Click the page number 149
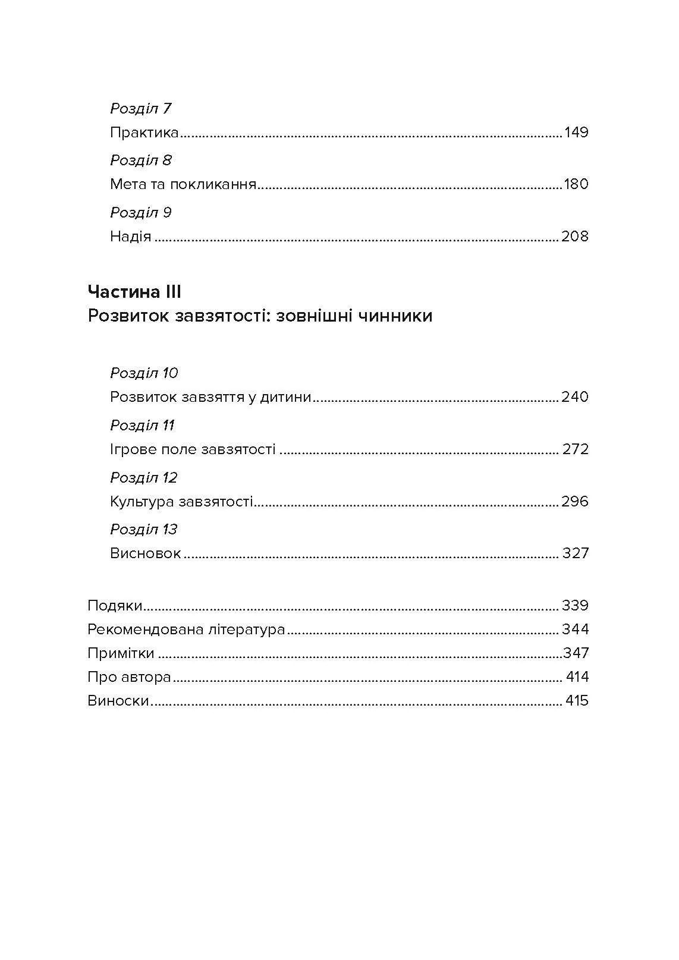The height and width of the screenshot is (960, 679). click(576, 132)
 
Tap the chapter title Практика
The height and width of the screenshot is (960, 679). click(144, 132)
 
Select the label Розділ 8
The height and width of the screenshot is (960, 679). click(141, 160)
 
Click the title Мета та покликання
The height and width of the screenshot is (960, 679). click(183, 184)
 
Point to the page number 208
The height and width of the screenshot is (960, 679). click(574, 237)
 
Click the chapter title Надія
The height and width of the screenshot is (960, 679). click(131, 237)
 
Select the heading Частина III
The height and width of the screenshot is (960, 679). click(134, 292)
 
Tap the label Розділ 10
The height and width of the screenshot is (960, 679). click(144, 373)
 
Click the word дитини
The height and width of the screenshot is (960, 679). click(287, 397)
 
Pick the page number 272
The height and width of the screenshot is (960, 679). click(576, 449)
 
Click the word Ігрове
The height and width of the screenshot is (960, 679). click(132, 449)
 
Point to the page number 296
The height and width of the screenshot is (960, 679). click(575, 502)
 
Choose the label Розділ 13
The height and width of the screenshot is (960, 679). click(144, 530)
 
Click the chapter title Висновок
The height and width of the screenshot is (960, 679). click(146, 553)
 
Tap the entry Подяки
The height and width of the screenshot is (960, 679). click(115, 606)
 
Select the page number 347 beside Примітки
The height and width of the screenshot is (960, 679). click(576, 653)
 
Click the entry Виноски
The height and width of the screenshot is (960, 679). click(118, 701)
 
